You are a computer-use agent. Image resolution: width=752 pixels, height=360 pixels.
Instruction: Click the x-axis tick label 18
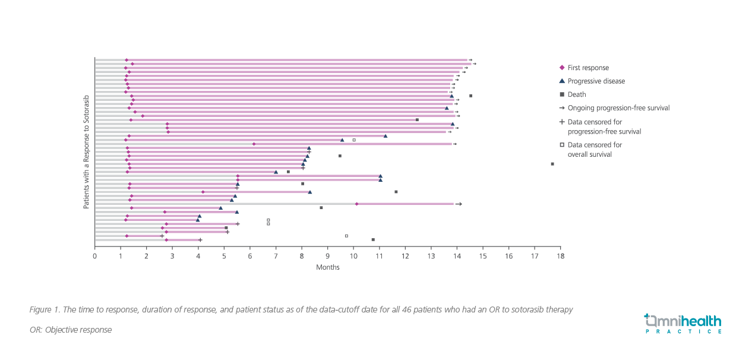click(560, 256)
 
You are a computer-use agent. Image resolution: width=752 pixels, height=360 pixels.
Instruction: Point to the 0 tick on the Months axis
click(94, 256)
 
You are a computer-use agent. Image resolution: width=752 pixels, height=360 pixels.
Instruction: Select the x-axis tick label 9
click(327, 256)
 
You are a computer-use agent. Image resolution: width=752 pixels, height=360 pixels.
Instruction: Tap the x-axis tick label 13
click(431, 256)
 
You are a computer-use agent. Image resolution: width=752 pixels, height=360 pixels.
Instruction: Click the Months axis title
click(327, 267)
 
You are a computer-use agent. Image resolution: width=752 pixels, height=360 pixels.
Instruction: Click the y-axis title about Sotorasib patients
click(86, 151)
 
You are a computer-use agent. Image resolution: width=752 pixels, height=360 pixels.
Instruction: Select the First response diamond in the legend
click(562, 68)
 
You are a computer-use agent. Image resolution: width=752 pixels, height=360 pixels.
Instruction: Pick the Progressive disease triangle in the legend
click(562, 81)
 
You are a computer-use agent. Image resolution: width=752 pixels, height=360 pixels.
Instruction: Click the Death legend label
click(577, 94)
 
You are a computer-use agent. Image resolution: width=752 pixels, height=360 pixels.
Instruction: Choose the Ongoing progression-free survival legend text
click(618, 108)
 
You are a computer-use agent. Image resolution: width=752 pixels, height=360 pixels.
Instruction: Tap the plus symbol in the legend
click(562, 122)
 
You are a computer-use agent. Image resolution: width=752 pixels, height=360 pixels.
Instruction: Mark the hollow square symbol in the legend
click(562, 144)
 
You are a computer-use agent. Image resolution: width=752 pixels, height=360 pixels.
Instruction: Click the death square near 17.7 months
click(552, 164)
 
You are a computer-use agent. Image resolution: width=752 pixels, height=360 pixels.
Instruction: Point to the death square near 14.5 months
click(470, 96)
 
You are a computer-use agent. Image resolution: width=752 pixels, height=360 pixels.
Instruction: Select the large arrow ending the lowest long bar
click(459, 204)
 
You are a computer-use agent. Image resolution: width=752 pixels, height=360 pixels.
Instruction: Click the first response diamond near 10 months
click(356, 204)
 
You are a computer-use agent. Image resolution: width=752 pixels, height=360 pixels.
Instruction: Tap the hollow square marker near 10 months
click(354, 140)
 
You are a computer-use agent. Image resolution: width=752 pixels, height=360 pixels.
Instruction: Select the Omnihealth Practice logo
click(683, 324)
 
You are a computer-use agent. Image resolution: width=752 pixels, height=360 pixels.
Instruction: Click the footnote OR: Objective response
click(70, 330)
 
